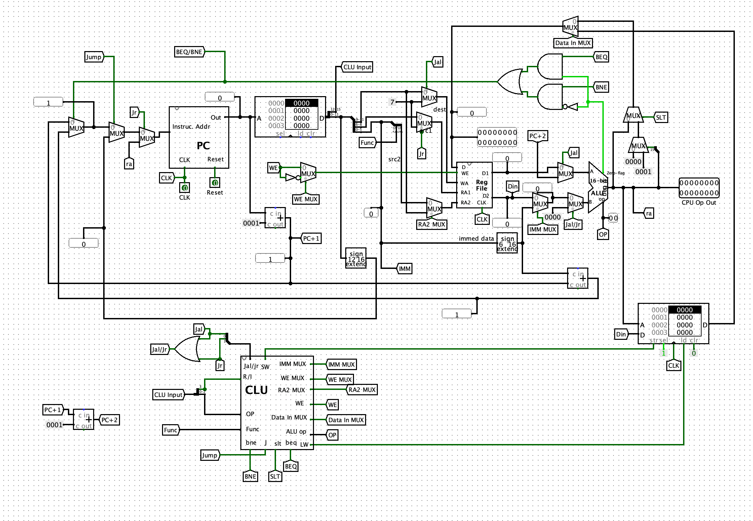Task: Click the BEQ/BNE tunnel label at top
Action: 189,52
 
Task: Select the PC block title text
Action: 203,146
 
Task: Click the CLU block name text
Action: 256,390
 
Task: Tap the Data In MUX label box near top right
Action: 573,43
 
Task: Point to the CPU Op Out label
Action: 699,203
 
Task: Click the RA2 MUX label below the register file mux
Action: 432,225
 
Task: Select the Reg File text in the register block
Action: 481,185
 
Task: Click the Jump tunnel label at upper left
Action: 94,57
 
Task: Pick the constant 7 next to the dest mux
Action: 392,102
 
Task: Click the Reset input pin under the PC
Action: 215,183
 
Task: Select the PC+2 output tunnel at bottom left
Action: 109,420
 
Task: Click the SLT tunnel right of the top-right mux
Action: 661,117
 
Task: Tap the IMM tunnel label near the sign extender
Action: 404,269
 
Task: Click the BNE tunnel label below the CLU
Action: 250,476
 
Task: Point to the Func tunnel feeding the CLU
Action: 171,430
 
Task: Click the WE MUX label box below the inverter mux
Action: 306,199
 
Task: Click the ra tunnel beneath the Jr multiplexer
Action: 129,164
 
